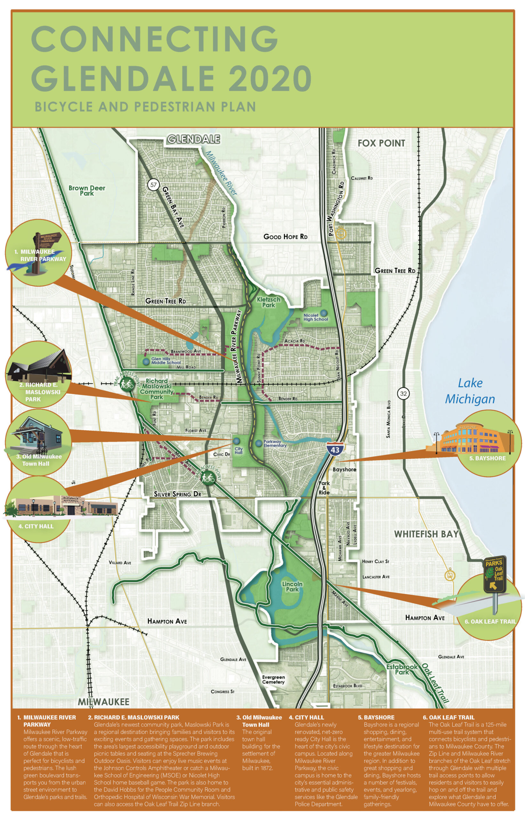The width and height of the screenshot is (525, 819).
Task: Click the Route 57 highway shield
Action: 153,185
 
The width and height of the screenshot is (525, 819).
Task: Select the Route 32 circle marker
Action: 403,394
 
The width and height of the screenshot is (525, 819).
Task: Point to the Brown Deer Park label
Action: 87,190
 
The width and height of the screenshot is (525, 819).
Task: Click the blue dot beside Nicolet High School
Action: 323,313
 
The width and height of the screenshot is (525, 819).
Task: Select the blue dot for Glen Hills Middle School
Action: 146,361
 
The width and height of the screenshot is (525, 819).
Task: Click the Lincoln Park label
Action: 292,587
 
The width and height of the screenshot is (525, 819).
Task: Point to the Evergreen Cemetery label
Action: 273,679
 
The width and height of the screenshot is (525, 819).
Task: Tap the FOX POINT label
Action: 381,143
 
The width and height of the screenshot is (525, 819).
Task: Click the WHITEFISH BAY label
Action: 426,534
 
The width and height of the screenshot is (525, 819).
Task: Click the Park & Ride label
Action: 324,488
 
